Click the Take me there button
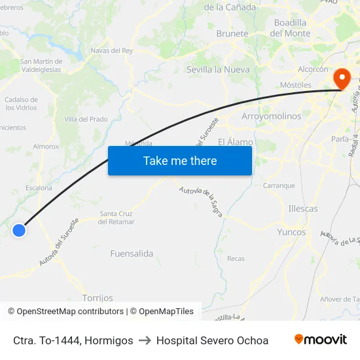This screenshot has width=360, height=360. pos(180,160)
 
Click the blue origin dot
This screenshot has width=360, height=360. pos(19,230)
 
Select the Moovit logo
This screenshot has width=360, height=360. pos(321,340)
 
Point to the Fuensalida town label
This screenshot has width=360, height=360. pos(132,253)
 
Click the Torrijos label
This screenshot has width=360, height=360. pos(98,298)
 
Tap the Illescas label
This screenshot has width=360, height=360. pos(302,209)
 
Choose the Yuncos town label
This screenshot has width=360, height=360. pos(291,232)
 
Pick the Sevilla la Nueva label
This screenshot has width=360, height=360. pos(218,69)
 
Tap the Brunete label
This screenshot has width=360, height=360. pos(232,33)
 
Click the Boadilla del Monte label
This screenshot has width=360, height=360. pos(290,27)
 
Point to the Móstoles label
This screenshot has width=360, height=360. pos(295,85)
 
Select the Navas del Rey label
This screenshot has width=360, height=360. pos(112,50)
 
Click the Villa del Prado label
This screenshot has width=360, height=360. pos(86,119)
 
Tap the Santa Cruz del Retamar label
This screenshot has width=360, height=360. pos(117,217)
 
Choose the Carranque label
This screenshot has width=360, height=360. pos(279,185)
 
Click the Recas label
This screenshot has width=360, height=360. pos(236,259)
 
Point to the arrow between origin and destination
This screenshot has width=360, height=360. pos(145,340)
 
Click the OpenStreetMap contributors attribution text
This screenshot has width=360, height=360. pos(70,312)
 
